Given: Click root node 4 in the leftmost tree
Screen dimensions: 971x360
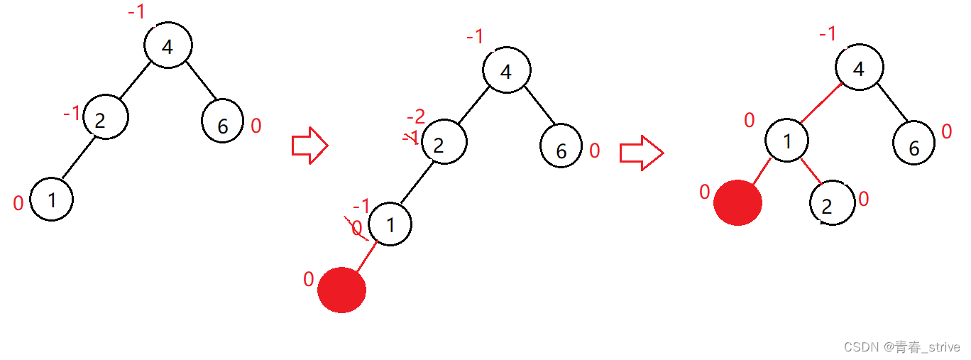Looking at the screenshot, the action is [168, 46].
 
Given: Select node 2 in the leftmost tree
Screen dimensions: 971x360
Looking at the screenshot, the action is [105, 118].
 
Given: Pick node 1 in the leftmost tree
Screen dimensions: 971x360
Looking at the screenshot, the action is [52, 200].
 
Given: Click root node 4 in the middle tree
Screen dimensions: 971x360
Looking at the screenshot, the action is [507, 71].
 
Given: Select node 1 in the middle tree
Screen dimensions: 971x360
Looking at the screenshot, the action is [390, 224].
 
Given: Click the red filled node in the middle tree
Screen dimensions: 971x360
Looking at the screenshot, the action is [342, 290].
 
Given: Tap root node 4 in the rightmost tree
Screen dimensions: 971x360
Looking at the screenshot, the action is [860, 69].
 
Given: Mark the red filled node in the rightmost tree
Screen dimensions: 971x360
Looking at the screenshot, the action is [738, 202].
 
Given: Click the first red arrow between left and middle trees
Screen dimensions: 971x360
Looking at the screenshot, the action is [309, 145].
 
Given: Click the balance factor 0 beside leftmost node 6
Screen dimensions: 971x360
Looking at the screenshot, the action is [256, 126].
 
